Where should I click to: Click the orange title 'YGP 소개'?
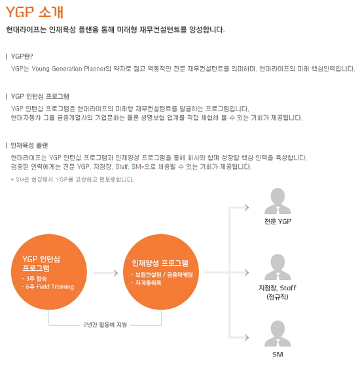click(x=35, y=12)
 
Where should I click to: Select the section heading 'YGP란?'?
click(x=22, y=56)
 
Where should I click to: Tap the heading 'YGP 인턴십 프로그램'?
click(x=40, y=96)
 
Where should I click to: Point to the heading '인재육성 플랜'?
click(x=29, y=145)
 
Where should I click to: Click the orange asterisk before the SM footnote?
click(x=12, y=179)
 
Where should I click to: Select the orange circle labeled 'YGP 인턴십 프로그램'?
click(x=49, y=272)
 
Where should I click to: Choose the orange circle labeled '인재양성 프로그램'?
click(x=161, y=272)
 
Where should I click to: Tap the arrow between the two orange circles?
click(x=105, y=273)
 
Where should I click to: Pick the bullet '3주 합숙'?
click(x=35, y=279)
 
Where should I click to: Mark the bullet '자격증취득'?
click(x=147, y=283)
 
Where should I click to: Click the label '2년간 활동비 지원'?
click(x=105, y=325)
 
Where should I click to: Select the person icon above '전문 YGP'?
click(x=278, y=201)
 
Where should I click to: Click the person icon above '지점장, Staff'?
click(x=278, y=267)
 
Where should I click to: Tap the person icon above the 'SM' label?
click(x=278, y=334)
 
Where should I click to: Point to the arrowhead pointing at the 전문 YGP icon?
click(x=247, y=207)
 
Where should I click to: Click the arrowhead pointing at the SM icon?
click(x=247, y=338)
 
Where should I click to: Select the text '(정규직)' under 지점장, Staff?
click(x=278, y=297)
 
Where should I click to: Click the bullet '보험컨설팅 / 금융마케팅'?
click(x=162, y=275)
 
